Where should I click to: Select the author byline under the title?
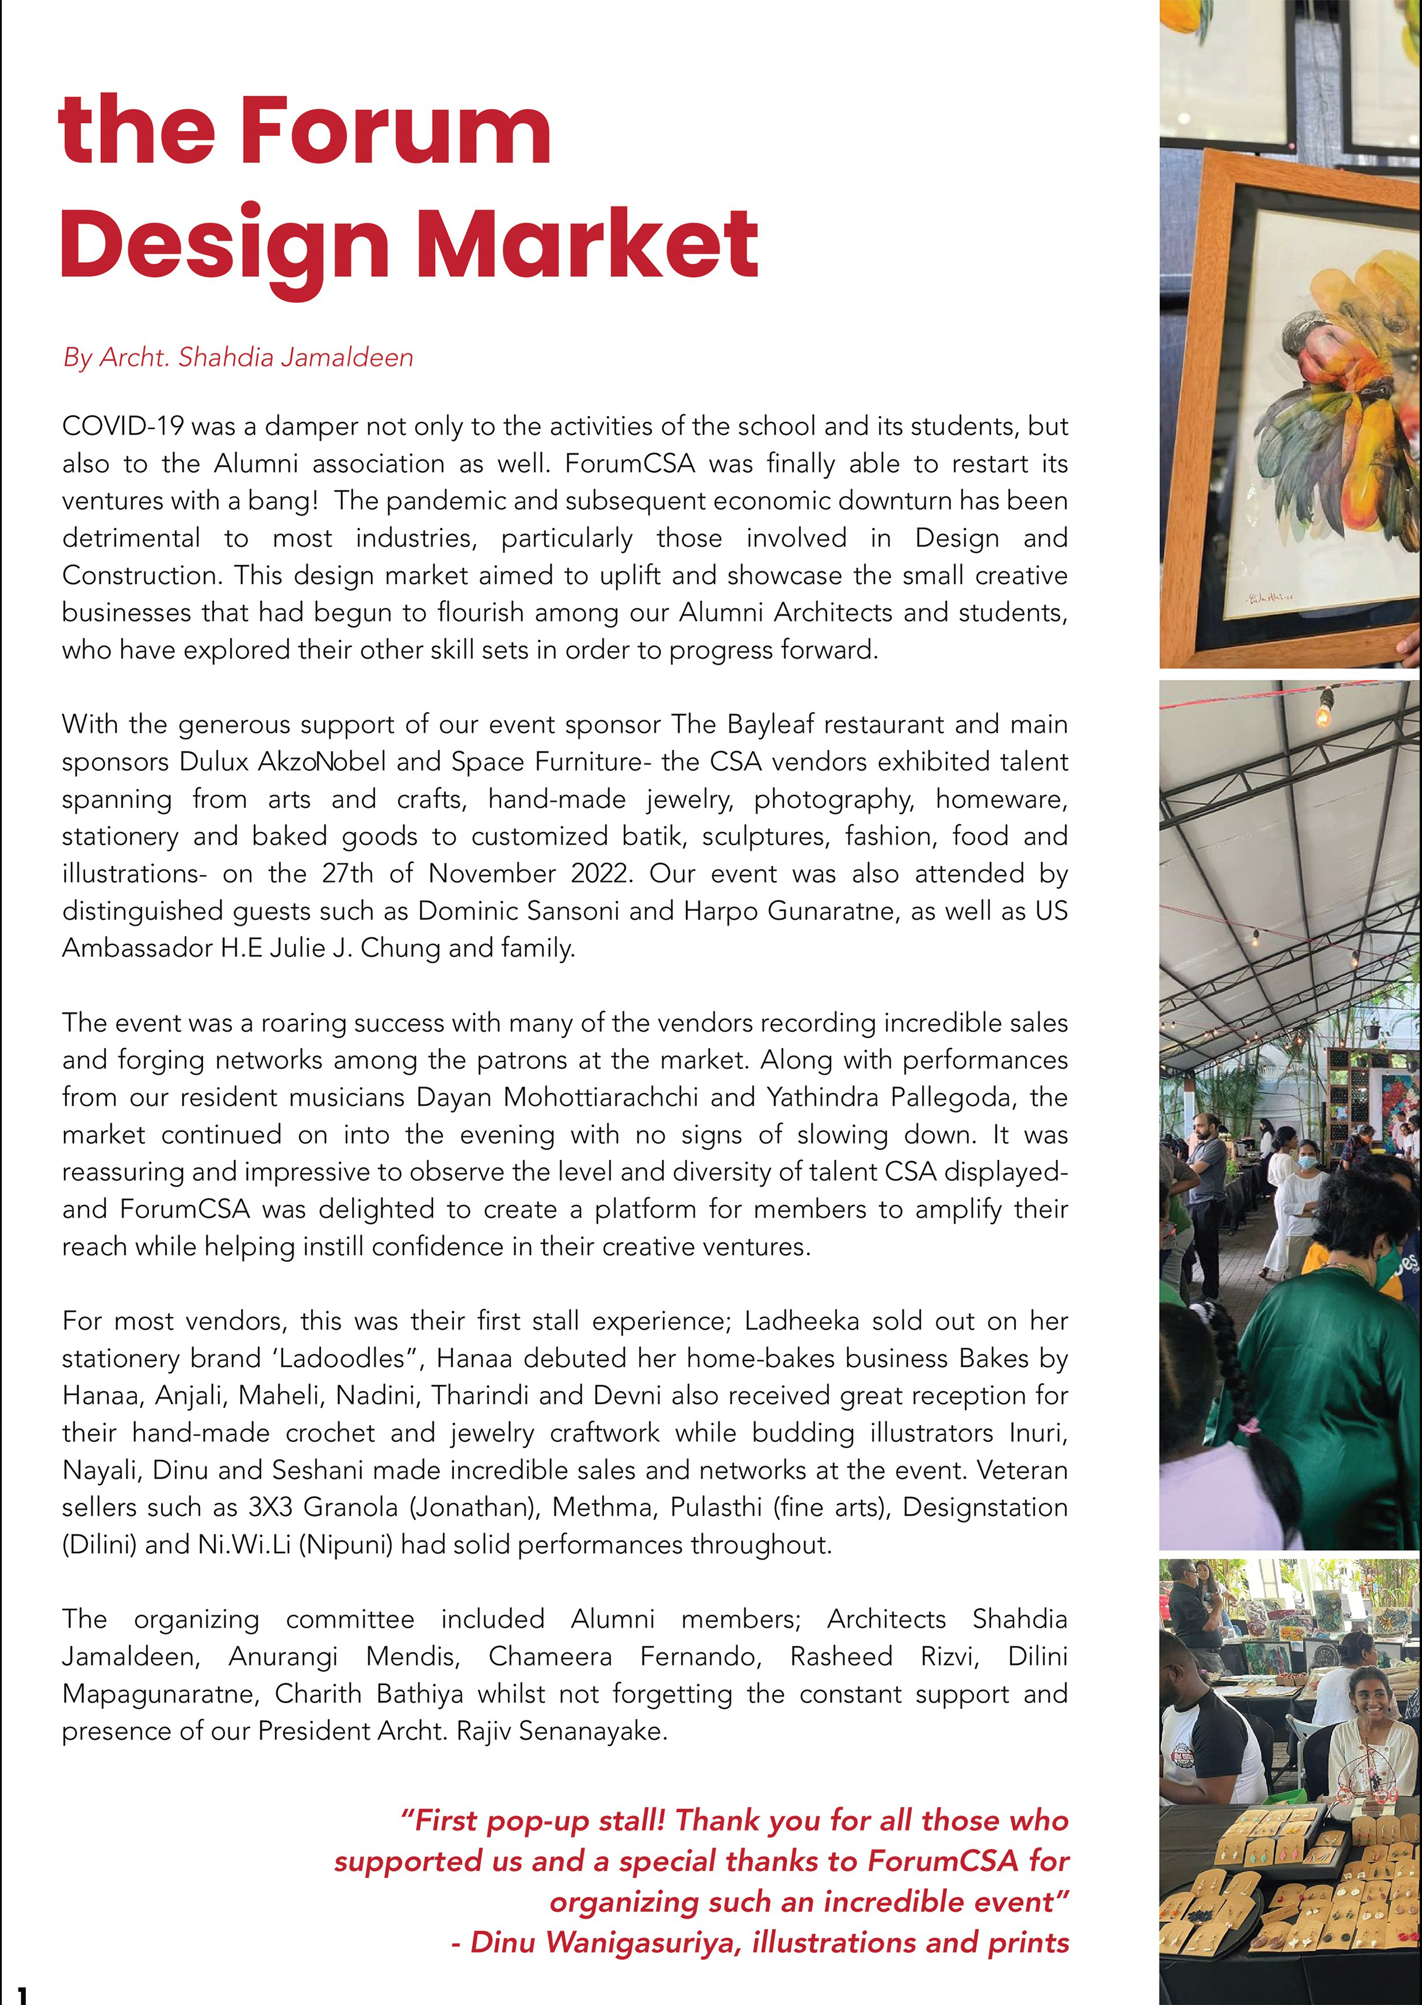pos(238,357)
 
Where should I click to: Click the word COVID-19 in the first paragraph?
pos(122,427)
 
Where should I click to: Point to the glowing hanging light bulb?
pos(1324,713)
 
